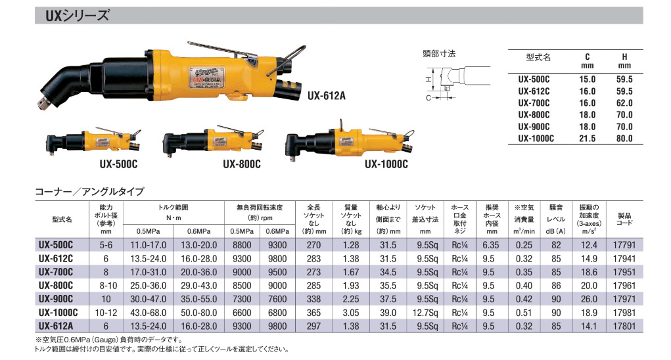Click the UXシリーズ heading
tap(78, 16)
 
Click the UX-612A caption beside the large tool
tap(326, 95)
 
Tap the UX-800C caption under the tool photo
tap(241, 164)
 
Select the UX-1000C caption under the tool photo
tap(386, 164)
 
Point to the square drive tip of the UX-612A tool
tap(43, 104)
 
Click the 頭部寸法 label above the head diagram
tap(439, 54)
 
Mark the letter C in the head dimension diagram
tap(428, 98)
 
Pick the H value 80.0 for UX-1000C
tap(624, 139)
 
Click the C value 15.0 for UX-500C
tap(587, 79)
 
